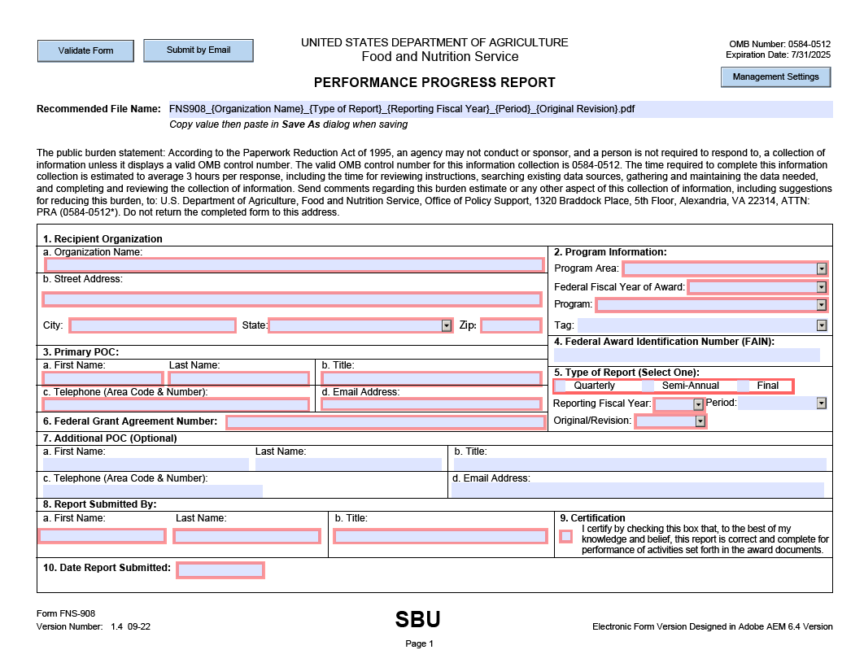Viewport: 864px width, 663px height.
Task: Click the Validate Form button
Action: pos(85,50)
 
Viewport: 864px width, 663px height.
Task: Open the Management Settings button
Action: pos(775,77)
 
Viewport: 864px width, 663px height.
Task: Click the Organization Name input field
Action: pos(294,265)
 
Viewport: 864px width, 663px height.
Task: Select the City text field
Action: pos(153,326)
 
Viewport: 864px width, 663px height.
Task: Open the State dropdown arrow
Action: pos(446,326)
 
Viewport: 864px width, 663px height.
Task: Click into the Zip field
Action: pos(511,326)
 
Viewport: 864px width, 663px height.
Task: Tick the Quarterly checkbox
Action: pos(561,386)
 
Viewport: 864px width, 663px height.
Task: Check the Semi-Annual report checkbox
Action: pos(648,386)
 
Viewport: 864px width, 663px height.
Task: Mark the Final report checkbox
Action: pos(744,386)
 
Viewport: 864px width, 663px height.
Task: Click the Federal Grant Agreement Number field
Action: pos(385,422)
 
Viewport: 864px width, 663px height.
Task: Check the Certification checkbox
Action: pos(566,536)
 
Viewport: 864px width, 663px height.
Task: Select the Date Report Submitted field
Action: pos(220,570)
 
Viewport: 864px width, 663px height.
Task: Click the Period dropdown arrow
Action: pos(821,403)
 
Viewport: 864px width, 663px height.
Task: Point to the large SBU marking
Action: pos(418,620)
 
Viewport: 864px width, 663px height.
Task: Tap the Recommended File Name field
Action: pos(500,109)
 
